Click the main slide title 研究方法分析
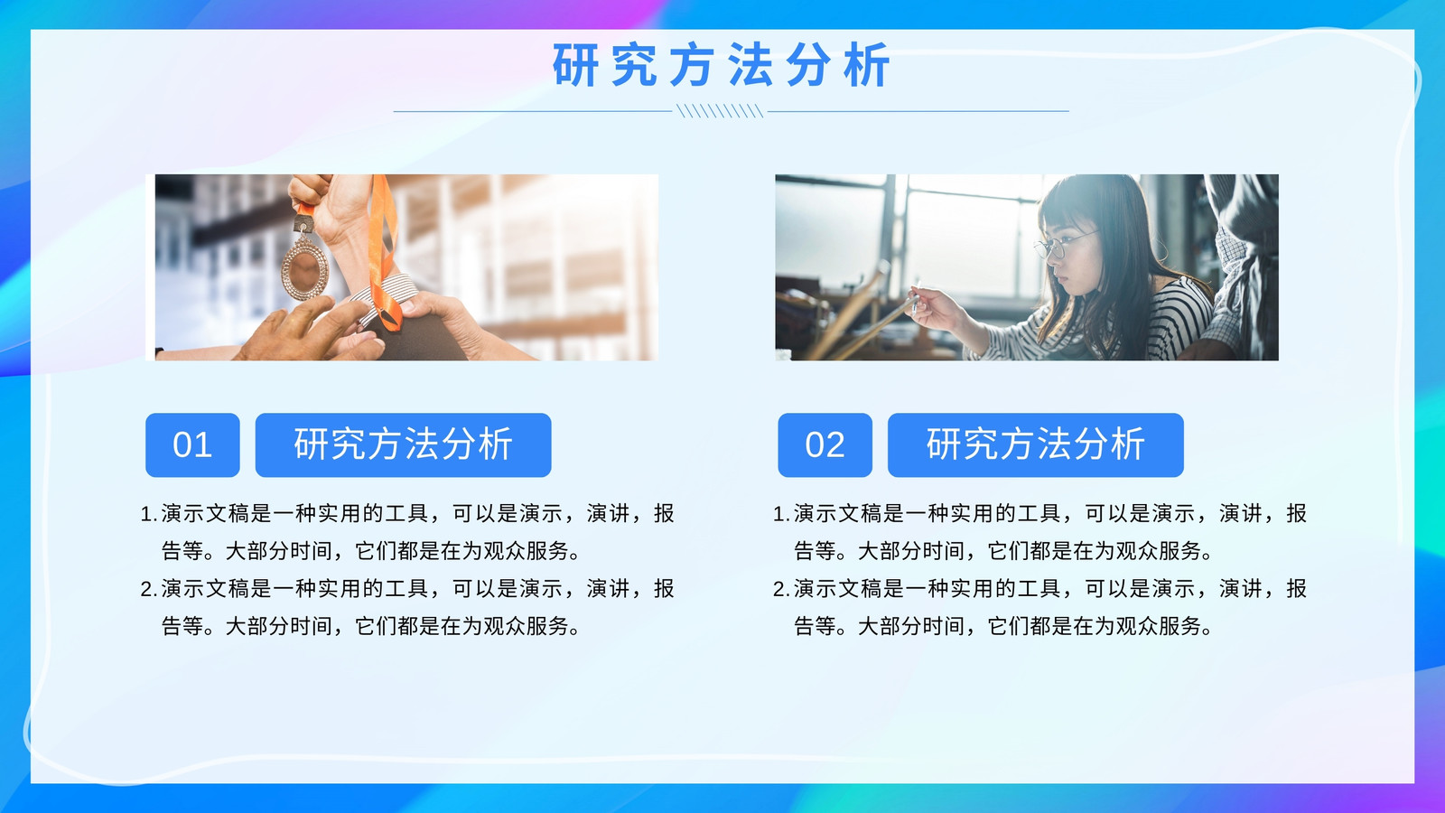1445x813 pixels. point(722,64)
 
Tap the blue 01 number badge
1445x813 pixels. point(192,445)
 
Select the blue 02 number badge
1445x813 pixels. point(825,445)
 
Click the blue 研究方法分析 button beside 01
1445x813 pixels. point(403,445)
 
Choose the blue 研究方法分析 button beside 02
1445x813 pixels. point(1035,445)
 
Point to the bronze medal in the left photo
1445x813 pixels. point(304,266)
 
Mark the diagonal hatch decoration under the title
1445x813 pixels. point(720,111)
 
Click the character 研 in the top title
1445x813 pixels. point(574,64)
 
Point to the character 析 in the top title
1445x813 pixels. point(868,64)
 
